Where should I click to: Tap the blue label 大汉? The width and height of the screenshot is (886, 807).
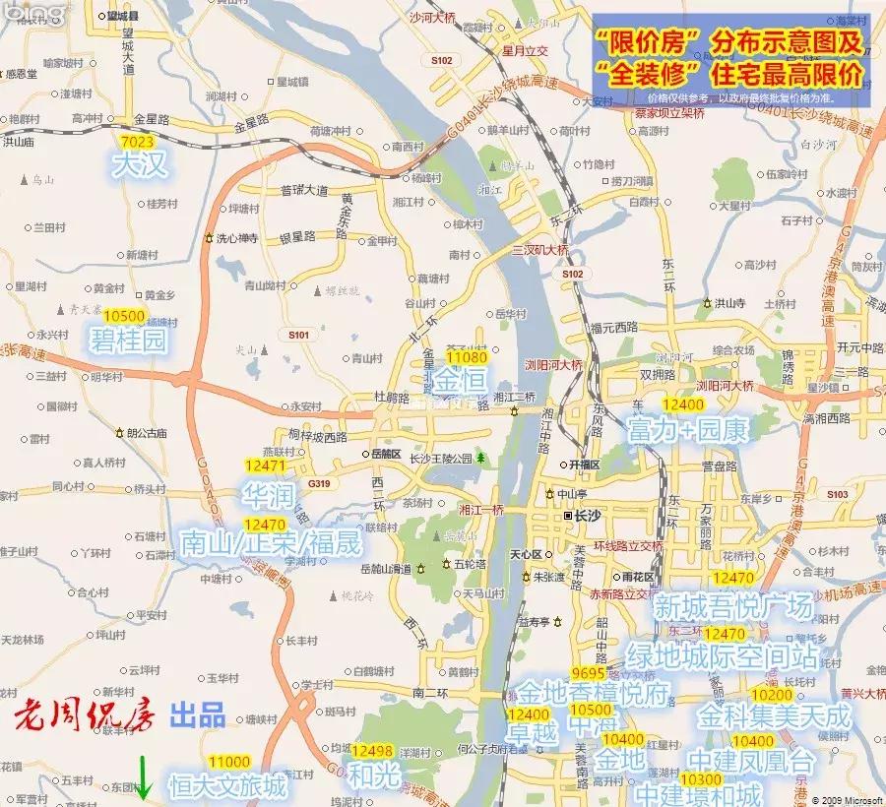[x=140, y=164]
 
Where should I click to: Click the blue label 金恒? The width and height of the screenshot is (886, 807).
[x=460, y=381]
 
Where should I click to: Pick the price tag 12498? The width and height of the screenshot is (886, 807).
[x=373, y=752]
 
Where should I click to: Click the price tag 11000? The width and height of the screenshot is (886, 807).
[x=228, y=762]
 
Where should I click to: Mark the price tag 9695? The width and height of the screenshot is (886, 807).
[x=587, y=672]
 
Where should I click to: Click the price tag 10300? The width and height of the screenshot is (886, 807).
[x=700, y=778]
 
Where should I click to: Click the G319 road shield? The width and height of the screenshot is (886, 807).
[x=318, y=483]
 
